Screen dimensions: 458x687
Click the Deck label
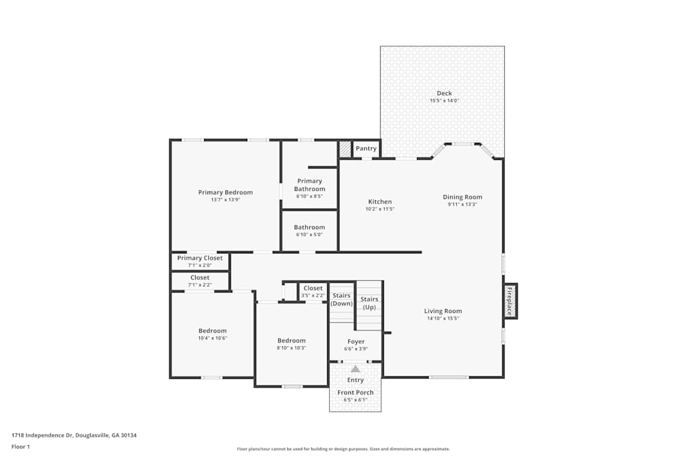pyautogui.click(x=444, y=93)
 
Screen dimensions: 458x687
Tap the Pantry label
pyautogui.click(x=366, y=148)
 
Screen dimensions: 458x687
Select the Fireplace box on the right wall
pyautogui.click(x=510, y=301)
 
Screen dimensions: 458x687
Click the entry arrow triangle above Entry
pyautogui.click(x=355, y=369)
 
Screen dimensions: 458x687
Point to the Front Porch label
pyautogui.click(x=355, y=393)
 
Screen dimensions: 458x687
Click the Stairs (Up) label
pyautogui.click(x=369, y=303)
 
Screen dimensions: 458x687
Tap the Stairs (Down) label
pyautogui.click(x=341, y=299)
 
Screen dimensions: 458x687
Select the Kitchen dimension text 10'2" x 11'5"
pyautogui.click(x=379, y=209)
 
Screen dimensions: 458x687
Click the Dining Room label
pyautogui.click(x=462, y=197)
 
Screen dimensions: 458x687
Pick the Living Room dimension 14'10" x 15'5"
pyautogui.click(x=442, y=318)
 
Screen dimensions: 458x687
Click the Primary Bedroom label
pyautogui.click(x=225, y=192)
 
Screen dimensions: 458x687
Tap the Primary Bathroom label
pyautogui.click(x=309, y=185)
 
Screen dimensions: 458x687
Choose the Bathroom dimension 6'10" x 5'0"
pyautogui.click(x=309, y=234)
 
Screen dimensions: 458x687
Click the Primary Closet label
pyautogui.click(x=200, y=258)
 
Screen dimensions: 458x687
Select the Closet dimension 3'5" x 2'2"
pyautogui.click(x=313, y=295)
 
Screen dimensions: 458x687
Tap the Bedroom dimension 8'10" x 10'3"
pyautogui.click(x=291, y=347)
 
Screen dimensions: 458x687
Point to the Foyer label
pyautogui.click(x=356, y=341)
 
